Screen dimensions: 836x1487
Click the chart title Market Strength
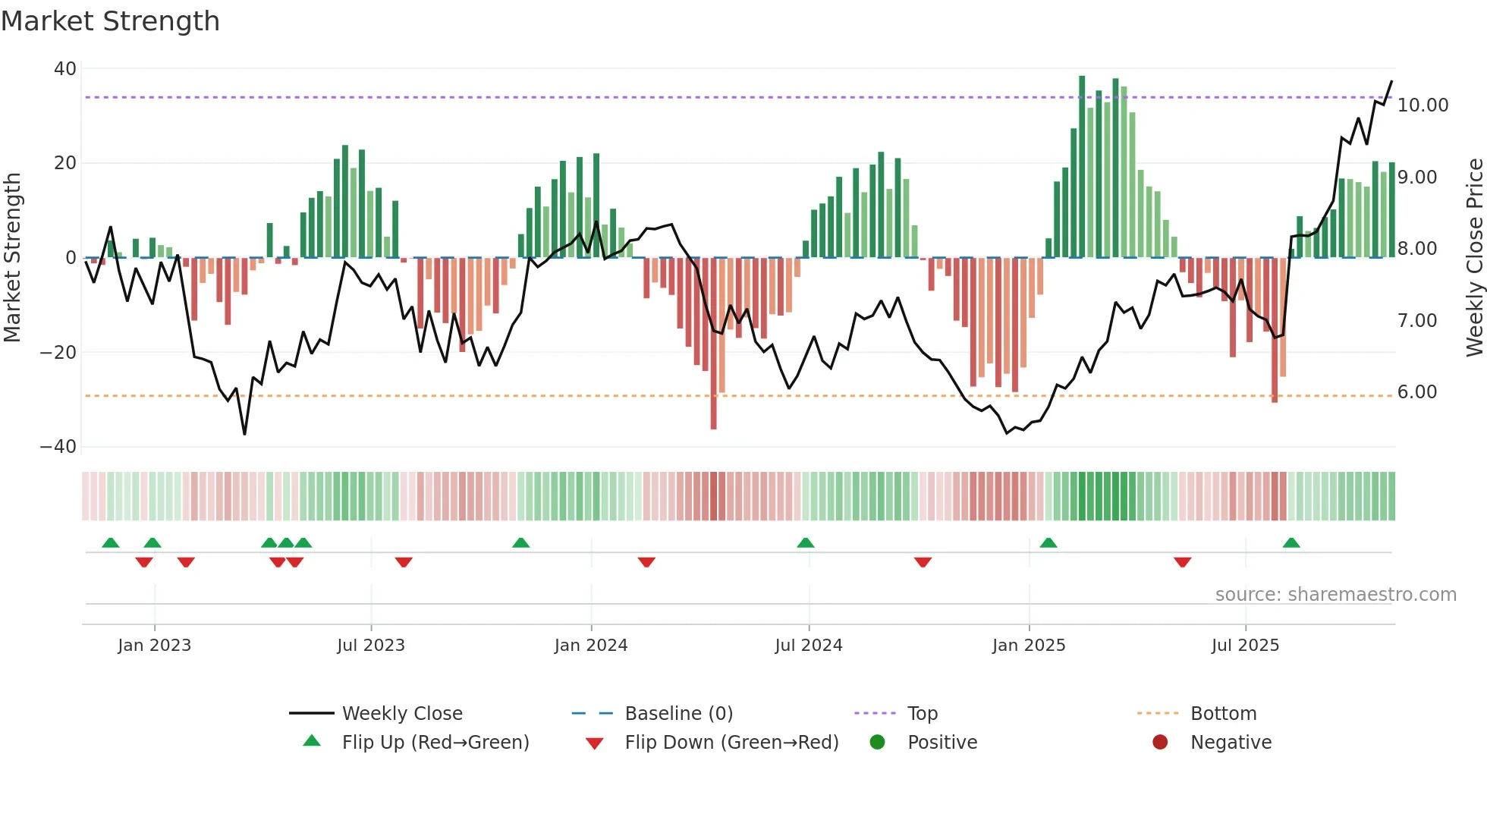point(110,21)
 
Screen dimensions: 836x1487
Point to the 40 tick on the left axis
point(65,69)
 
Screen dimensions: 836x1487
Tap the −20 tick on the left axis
point(58,353)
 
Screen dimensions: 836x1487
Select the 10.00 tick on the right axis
point(1423,105)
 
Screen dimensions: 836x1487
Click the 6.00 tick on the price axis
point(1417,392)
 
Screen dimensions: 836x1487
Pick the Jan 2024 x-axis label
point(591,646)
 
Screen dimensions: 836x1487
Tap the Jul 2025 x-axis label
point(1245,646)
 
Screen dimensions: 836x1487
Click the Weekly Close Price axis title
point(1474,257)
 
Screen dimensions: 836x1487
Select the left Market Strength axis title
point(13,257)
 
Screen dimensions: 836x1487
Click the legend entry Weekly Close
point(402,714)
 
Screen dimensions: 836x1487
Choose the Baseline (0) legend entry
point(678,714)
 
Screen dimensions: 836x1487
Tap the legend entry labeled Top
point(923,714)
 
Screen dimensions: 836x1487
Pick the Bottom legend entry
point(1223,714)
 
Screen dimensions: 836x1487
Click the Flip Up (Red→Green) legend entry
point(435,743)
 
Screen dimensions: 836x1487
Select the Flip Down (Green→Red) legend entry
point(731,743)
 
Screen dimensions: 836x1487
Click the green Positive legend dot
point(878,743)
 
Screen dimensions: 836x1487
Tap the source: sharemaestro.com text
point(1335,595)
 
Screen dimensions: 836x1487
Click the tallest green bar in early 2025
point(1082,167)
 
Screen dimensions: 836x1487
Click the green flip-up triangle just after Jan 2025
point(1048,543)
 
